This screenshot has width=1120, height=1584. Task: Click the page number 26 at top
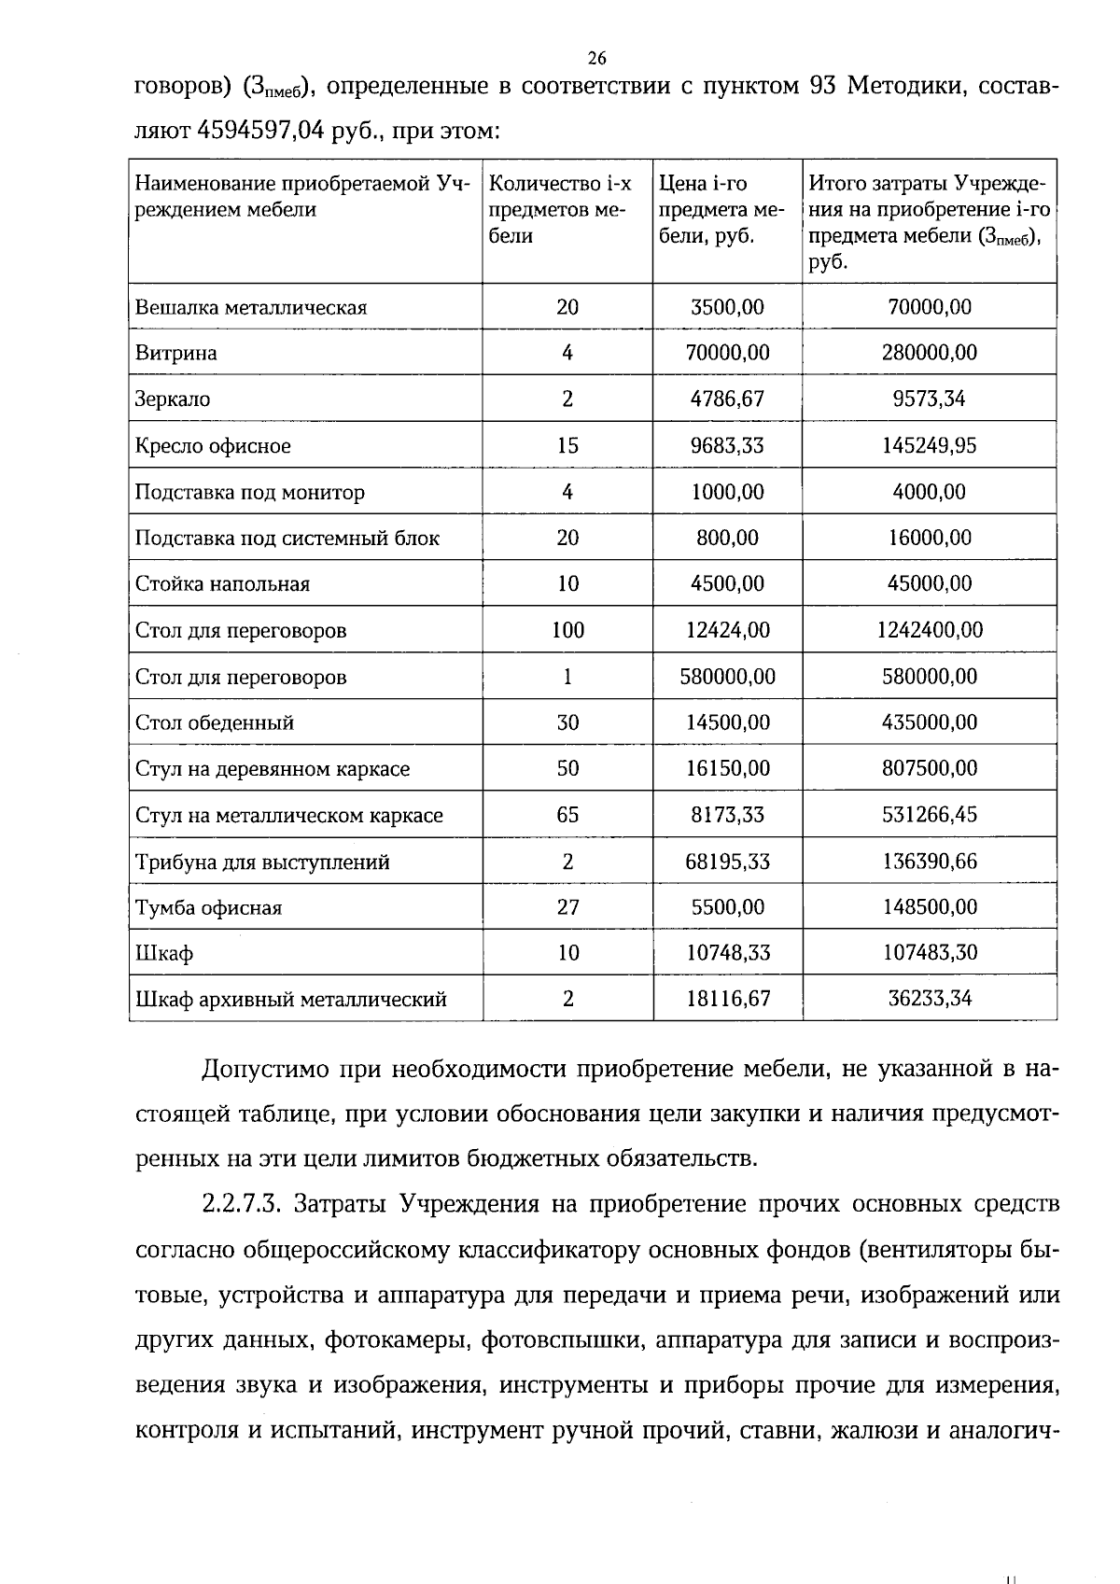tap(597, 59)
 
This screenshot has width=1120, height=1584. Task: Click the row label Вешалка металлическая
tap(251, 308)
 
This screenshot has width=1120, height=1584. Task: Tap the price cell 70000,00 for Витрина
tap(727, 353)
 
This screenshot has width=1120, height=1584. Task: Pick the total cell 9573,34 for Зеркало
tap(929, 400)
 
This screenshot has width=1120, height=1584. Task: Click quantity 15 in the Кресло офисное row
tap(567, 445)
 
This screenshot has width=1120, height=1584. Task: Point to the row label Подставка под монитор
tap(249, 492)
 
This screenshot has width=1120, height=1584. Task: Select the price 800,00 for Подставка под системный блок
tap(727, 538)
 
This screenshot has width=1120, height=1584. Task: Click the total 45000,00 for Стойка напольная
tap(929, 584)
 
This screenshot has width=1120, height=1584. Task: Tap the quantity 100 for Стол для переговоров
tap(567, 630)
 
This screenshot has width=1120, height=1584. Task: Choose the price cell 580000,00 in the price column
tap(727, 677)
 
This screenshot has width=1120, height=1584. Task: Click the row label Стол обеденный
tap(215, 722)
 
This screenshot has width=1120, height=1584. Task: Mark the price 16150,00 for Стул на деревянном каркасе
tap(727, 769)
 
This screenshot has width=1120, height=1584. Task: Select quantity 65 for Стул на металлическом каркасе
tap(567, 815)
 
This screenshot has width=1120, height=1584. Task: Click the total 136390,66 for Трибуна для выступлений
tap(929, 862)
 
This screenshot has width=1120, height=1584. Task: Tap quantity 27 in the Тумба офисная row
tap(567, 907)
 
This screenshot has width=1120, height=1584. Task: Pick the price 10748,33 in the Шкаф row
tap(727, 953)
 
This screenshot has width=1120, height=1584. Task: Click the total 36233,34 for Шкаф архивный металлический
tap(929, 999)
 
